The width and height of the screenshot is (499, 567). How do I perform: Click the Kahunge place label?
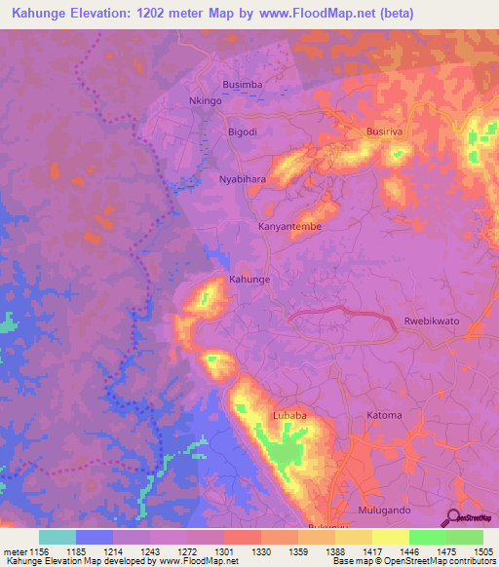point(249,280)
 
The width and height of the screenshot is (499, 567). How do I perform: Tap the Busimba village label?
point(243,85)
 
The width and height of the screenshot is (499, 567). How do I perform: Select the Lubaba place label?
point(289,414)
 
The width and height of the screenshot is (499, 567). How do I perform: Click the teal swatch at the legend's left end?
point(58,537)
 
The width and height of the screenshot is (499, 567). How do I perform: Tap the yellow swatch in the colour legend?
point(390,537)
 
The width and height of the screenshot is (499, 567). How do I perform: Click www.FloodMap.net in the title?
point(304,14)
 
